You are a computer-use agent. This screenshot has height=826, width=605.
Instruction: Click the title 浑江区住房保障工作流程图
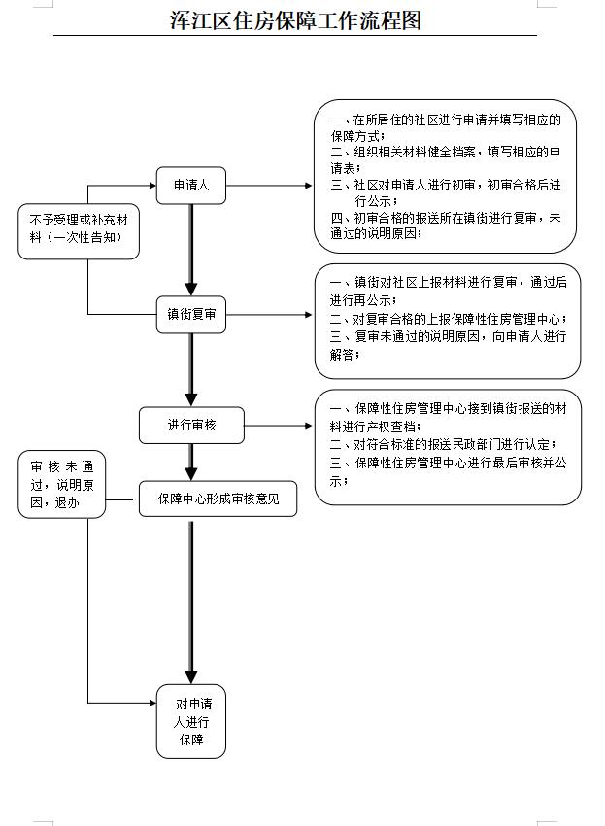click(295, 20)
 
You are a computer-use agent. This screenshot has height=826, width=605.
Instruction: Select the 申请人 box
click(191, 185)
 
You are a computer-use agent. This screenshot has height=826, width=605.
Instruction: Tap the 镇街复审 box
click(191, 315)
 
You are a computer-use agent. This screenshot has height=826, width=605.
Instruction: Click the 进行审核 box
click(191, 425)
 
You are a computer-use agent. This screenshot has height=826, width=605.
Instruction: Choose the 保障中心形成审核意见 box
click(218, 499)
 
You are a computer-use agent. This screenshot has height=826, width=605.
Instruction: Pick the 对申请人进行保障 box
click(191, 722)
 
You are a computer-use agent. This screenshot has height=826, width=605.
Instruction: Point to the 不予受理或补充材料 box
click(78, 230)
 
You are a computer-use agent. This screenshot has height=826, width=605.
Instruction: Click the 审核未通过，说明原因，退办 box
click(61, 484)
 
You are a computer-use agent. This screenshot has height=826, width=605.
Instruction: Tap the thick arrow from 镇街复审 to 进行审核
click(191, 370)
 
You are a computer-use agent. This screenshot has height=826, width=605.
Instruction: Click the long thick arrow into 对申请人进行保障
click(191, 602)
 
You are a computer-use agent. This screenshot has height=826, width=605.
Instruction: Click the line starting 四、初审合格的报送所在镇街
click(446, 219)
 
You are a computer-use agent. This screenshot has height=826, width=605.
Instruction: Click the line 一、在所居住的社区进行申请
click(446, 120)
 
